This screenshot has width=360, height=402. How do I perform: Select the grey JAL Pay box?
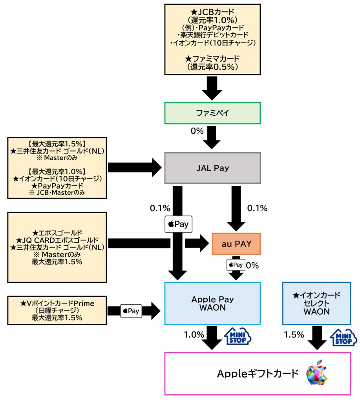tap(212, 168)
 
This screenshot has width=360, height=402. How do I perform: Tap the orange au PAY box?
tap(236, 244)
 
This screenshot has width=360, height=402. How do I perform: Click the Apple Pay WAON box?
tap(212, 303)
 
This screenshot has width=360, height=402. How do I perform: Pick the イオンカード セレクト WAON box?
tap(317, 303)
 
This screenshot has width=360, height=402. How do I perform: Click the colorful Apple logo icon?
tap(317, 373)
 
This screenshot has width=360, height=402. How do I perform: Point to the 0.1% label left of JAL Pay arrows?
tap(160, 208)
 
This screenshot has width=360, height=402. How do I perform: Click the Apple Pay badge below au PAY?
tap(236, 265)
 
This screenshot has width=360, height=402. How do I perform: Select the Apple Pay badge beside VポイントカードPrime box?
tap(131, 311)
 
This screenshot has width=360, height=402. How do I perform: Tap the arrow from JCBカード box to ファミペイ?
tap(212, 88)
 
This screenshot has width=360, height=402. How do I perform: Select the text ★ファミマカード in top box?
tap(212, 59)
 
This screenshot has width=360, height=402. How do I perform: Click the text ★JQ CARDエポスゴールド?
tap(57, 240)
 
